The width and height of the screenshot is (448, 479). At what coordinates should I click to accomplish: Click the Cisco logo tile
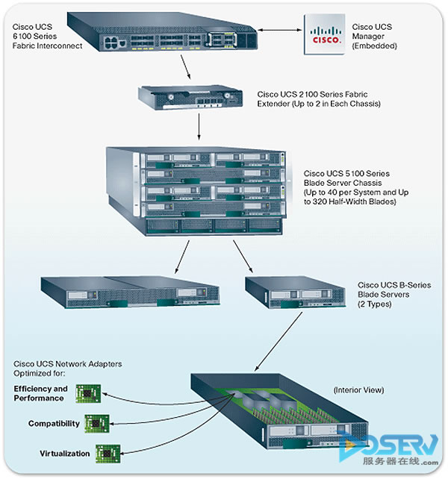(326, 34)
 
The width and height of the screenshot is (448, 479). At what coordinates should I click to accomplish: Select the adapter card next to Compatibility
(95, 424)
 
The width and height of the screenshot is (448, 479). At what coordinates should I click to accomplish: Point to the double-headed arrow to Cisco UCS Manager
(279, 31)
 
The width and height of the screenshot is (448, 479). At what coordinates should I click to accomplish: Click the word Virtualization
(64, 454)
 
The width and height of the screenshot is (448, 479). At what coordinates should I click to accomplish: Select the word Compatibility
(54, 424)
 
